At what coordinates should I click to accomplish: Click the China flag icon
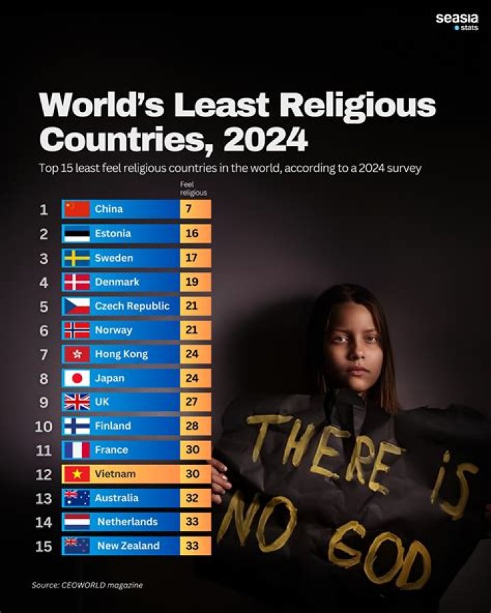(76, 209)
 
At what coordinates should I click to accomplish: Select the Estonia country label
(113, 233)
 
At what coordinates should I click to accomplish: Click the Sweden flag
(76, 258)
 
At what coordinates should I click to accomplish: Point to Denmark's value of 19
(191, 282)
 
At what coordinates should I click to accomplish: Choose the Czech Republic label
(132, 305)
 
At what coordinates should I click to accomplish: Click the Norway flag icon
(76, 330)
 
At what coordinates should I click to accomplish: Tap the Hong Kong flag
(76, 354)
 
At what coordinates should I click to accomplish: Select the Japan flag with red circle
(76, 378)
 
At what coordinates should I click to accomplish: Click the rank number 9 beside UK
(44, 402)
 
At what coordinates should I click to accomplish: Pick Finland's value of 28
(191, 425)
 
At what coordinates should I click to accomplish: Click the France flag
(76, 450)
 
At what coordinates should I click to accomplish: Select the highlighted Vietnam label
(115, 474)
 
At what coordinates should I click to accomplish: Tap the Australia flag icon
(76, 498)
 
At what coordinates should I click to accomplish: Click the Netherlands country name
(127, 522)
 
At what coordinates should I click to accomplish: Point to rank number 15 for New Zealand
(43, 546)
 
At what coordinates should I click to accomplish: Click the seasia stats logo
(457, 21)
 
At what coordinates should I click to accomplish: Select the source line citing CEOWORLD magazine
(87, 585)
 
